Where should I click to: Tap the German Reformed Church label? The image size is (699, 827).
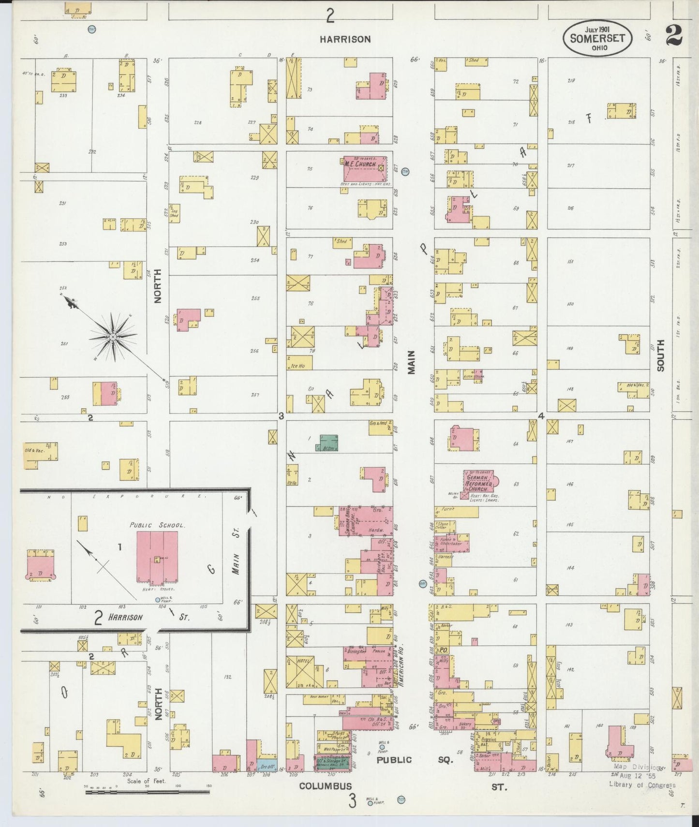click(x=479, y=480)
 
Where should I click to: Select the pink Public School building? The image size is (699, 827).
click(x=157, y=556)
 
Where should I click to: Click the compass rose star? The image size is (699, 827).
click(x=112, y=336)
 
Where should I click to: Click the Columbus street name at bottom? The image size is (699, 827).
click(x=325, y=786)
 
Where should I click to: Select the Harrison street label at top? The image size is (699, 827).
click(x=345, y=39)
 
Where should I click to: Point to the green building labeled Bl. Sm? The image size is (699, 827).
click(x=328, y=443)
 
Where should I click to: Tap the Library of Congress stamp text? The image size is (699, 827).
click(x=641, y=784)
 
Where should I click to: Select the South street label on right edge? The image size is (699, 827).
click(x=660, y=355)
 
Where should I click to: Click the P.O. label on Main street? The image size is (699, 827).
click(x=443, y=651)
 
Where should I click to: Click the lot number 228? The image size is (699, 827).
click(x=198, y=122)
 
